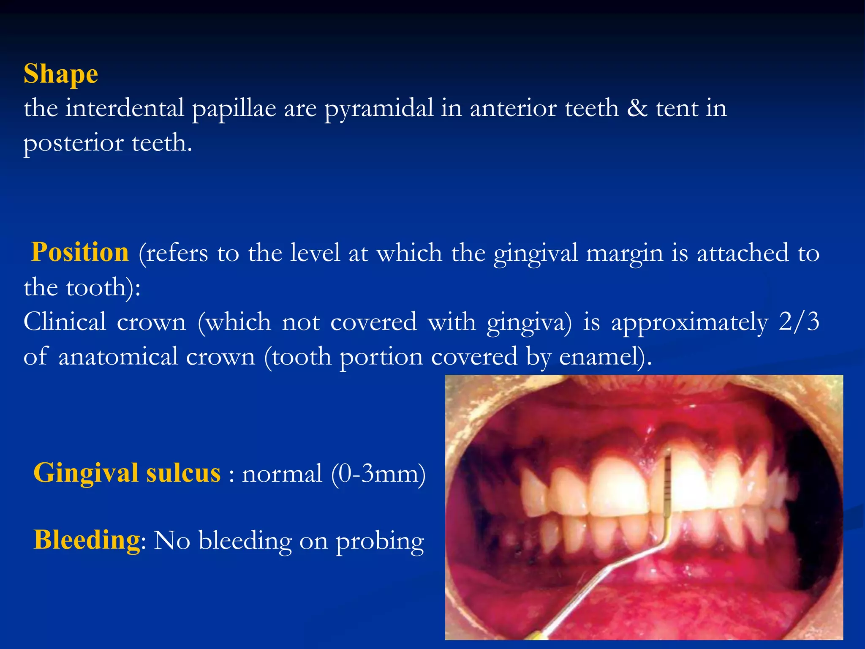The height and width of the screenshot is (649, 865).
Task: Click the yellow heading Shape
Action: pyautogui.click(x=61, y=74)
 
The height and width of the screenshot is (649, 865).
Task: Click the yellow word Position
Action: pyautogui.click(x=80, y=252)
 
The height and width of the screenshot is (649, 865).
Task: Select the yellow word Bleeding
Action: pyautogui.click(x=87, y=540)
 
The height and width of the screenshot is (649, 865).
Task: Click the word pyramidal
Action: pyautogui.click(x=378, y=109)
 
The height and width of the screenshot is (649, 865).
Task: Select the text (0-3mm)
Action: pyautogui.click(x=378, y=474)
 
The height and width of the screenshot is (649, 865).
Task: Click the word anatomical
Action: pyautogui.click(x=118, y=356)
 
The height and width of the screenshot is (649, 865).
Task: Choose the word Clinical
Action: pyautogui.click(x=65, y=322)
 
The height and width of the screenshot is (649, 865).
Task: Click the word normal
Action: pyautogui.click(x=282, y=474)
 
